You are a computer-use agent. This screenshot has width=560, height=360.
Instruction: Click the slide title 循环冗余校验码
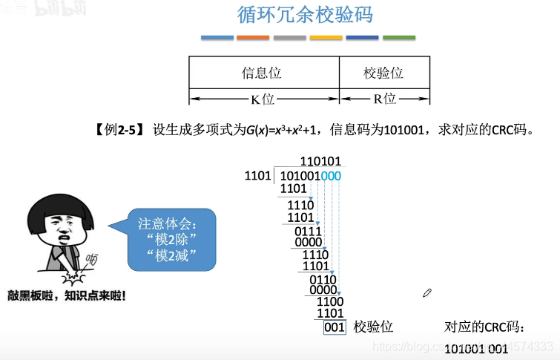[305, 16]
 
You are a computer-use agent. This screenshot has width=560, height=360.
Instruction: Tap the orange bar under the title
[253, 37]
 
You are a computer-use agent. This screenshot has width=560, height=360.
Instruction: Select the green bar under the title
[399, 37]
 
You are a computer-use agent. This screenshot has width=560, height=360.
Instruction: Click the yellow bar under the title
[326, 37]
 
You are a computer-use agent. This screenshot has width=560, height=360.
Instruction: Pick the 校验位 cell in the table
[383, 73]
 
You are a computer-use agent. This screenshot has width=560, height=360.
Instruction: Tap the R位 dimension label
[383, 99]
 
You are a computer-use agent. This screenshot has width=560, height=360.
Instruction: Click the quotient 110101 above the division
[320, 161]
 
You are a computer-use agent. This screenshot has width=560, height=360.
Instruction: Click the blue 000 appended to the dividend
[331, 176]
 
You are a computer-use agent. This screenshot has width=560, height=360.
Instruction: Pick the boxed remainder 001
[335, 327]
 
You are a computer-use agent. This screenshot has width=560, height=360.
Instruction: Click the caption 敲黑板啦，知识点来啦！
[66, 295]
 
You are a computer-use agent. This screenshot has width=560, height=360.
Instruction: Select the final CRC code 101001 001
[478, 348]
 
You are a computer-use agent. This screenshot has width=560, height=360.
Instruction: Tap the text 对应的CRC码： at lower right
[484, 327]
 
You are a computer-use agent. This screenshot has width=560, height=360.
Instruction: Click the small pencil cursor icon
[427, 293]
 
